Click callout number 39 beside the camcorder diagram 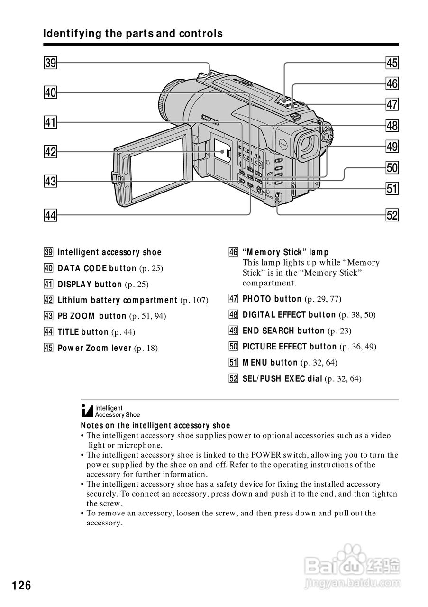point(50,63)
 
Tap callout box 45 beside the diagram point(392,63)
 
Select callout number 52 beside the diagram point(392,215)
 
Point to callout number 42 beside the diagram point(50,152)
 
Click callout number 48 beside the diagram point(392,126)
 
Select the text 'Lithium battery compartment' point(117,300)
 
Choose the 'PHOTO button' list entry point(272,299)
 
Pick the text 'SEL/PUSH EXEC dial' point(282,379)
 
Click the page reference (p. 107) point(194,300)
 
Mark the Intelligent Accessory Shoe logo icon point(87,411)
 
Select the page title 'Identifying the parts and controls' point(133,34)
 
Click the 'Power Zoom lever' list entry point(94,348)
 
